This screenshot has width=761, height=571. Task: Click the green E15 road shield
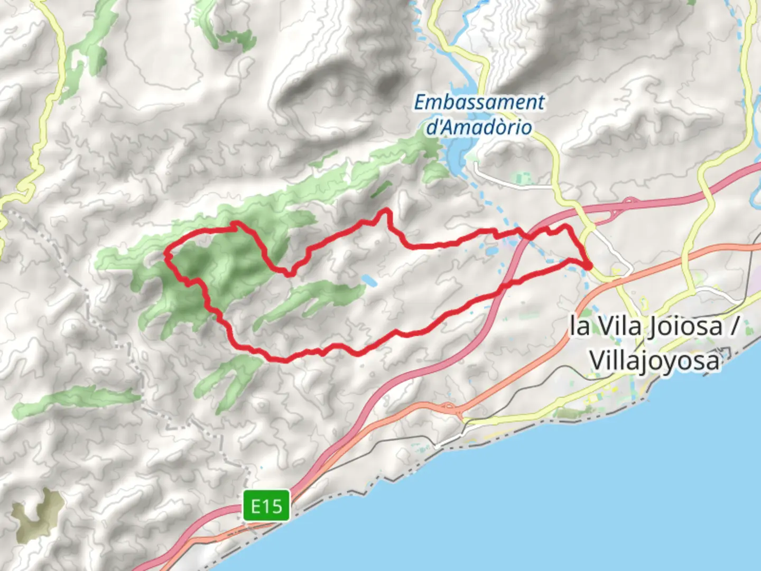[x=266, y=506]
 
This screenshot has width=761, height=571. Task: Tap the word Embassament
[x=479, y=102]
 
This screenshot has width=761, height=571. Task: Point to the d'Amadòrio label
[x=479, y=127]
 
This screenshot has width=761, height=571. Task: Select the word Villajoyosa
[x=654, y=362]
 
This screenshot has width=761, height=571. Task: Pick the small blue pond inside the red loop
[x=369, y=281]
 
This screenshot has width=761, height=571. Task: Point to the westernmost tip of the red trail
[x=166, y=255]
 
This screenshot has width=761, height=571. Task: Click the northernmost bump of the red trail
[x=386, y=211]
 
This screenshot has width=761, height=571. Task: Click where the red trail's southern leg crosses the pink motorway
[x=505, y=285]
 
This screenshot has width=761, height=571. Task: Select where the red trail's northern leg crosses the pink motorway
[x=528, y=236]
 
